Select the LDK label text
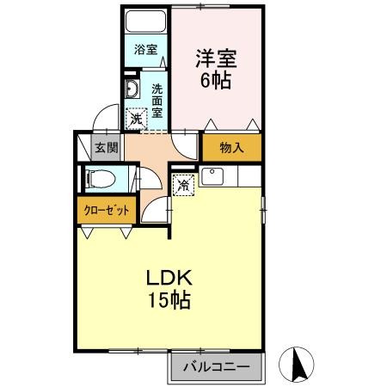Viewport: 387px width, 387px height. [x=167, y=279]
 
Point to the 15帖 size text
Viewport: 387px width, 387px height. [x=167, y=302]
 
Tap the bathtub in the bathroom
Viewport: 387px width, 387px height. [x=146, y=22]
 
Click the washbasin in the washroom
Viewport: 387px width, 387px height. [x=132, y=90]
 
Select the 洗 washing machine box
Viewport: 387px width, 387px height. [x=136, y=120]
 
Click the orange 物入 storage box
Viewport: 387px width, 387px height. [x=231, y=147]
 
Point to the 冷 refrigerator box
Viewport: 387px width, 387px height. [x=183, y=183]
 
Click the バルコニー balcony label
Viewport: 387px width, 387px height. [x=216, y=367]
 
